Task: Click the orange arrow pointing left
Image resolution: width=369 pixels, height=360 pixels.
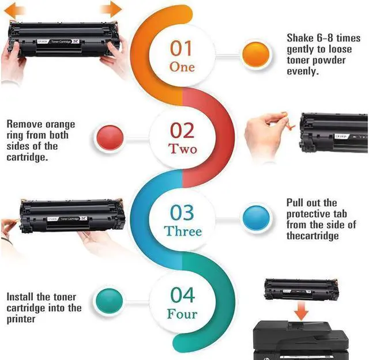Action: (14, 10)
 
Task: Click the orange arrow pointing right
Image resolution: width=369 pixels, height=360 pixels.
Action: (111, 9)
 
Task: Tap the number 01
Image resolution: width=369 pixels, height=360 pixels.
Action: (181, 48)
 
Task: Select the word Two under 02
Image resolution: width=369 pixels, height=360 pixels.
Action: (183, 149)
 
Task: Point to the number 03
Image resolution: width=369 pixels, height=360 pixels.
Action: (182, 213)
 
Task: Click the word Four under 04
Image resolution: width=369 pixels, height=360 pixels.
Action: (182, 314)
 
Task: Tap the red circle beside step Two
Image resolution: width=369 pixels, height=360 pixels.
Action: (110, 138)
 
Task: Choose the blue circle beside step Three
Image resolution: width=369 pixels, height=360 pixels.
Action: (256, 218)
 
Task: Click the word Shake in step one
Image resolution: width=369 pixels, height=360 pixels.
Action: (300, 38)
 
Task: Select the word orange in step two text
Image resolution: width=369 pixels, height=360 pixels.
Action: (60, 124)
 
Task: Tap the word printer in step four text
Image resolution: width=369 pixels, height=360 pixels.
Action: (21, 319)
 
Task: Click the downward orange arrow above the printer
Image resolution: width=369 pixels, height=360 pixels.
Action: (301, 310)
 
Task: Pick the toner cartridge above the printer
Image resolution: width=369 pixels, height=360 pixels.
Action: (302, 289)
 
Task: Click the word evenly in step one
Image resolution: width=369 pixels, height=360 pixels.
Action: (303, 71)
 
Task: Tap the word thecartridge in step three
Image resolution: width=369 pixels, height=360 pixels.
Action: (312, 236)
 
